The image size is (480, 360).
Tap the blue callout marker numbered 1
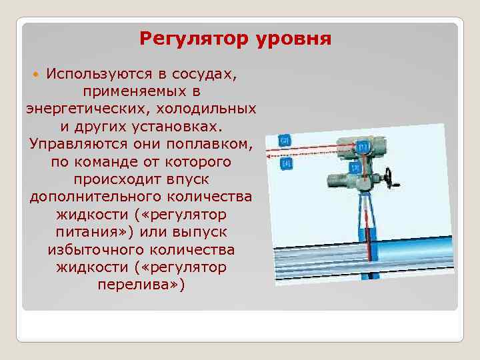[x=363, y=146]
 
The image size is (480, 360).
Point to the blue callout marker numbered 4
[x=287, y=163]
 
